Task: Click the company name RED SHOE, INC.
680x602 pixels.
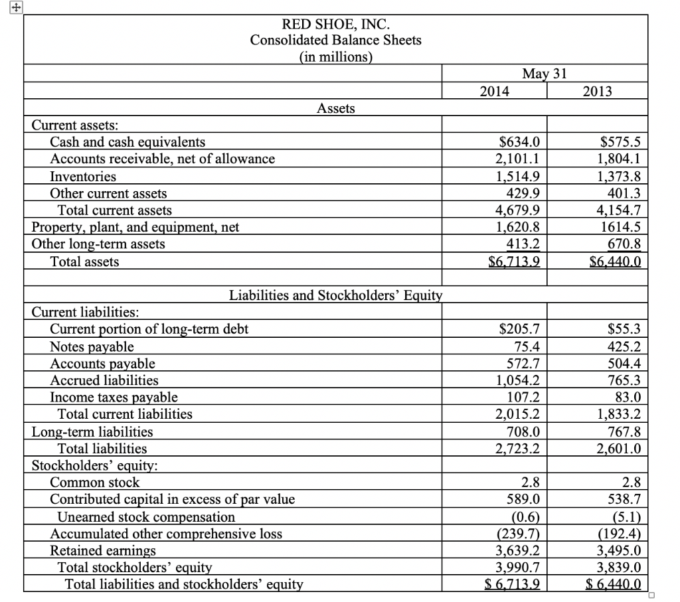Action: click(x=335, y=25)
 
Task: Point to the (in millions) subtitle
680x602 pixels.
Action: click(x=335, y=56)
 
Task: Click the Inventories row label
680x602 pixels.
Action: click(x=83, y=177)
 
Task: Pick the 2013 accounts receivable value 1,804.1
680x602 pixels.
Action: click(x=620, y=159)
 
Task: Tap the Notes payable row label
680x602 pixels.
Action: click(x=92, y=346)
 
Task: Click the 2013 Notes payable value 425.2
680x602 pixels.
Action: click(x=625, y=346)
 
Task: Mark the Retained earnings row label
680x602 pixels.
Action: click(x=103, y=550)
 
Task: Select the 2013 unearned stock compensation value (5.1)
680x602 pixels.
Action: click(x=626, y=516)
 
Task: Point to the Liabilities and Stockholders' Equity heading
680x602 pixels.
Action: click(x=335, y=295)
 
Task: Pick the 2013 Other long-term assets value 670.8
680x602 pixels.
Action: click(x=625, y=244)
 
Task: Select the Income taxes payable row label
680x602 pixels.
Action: click(x=114, y=397)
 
